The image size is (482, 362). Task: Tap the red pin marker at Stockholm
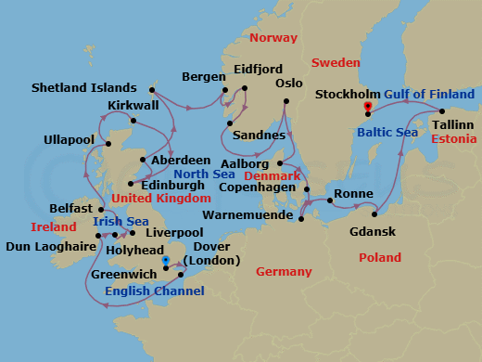pos(369,107)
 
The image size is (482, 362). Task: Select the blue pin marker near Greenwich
pos(165,261)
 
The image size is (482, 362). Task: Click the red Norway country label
pos(274,37)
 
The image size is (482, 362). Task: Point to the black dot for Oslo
pos(286,100)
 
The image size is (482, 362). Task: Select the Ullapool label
pos(70,140)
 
